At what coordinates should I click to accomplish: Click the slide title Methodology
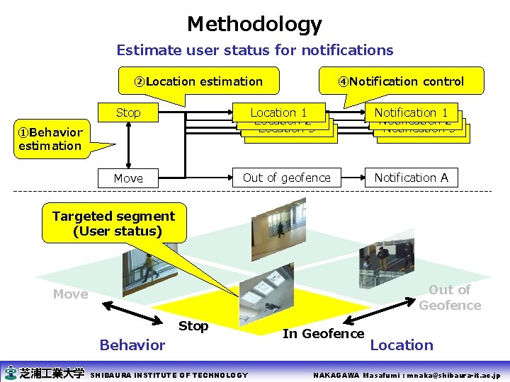click(x=254, y=25)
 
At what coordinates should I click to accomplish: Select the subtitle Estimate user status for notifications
click(x=254, y=50)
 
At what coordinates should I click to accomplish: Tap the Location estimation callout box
click(x=198, y=81)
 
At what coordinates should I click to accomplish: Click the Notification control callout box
click(x=401, y=81)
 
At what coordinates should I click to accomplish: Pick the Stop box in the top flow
click(x=128, y=112)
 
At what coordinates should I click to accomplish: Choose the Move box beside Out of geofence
click(x=128, y=178)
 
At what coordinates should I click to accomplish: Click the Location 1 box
click(x=278, y=112)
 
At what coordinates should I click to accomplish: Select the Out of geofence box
click(x=286, y=178)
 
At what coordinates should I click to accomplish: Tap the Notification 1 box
click(x=411, y=112)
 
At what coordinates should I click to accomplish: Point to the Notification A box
click(x=411, y=178)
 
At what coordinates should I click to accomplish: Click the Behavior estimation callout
click(x=50, y=139)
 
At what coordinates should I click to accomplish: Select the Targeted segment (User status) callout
click(x=113, y=224)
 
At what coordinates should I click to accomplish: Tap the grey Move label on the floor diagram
click(x=70, y=294)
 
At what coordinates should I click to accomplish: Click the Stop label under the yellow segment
click(x=193, y=326)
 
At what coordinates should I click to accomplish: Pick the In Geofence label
click(x=323, y=334)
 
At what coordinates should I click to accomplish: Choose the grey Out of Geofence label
click(x=450, y=298)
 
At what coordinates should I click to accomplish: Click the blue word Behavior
click(x=132, y=345)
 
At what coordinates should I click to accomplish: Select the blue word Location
click(x=402, y=345)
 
